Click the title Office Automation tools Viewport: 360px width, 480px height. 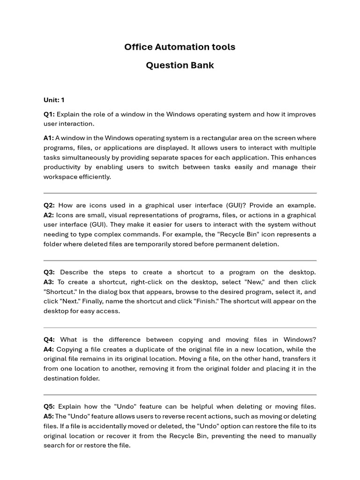180,47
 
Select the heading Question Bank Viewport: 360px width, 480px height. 180,65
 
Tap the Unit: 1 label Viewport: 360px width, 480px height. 54,100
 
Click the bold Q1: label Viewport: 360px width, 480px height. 49,114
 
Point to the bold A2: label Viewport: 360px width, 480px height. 49,215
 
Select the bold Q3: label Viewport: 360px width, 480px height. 49,272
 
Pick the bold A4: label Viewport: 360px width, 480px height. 49,349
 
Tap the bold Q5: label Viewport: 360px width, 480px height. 49,406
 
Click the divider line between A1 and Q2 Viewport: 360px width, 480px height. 180,193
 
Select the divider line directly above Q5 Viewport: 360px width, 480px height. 180,395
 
